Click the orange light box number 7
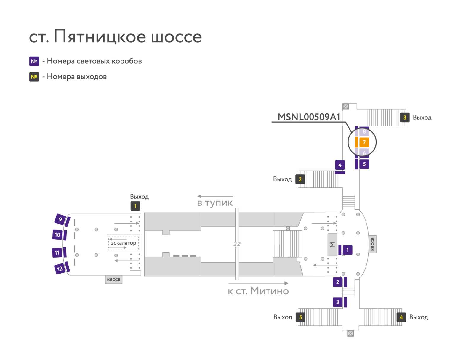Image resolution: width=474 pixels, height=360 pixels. (x=364, y=142)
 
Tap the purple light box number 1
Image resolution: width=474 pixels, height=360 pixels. (x=348, y=250)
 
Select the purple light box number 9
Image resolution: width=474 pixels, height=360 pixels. (x=60, y=219)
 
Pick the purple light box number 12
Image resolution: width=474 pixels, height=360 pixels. (x=60, y=269)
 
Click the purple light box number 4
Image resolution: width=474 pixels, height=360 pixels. (x=340, y=165)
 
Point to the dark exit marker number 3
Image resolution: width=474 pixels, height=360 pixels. (x=405, y=118)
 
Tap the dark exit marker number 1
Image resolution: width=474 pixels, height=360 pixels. (x=135, y=206)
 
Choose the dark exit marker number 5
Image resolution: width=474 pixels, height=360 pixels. (x=300, y=317)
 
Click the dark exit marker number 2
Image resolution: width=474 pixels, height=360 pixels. (x=300, y=179)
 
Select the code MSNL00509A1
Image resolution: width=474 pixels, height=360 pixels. (x=309, y=117)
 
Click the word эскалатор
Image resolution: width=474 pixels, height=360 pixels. (x=123, y=243)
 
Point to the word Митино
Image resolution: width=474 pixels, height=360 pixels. (x=269, y=291)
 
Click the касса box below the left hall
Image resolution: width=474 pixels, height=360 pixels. (x=113, y=279)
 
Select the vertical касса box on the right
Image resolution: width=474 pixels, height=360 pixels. (x=372, y=244)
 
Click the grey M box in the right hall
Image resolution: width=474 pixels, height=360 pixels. (x=332, y=245)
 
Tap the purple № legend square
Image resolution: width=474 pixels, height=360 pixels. (x=34, y=61)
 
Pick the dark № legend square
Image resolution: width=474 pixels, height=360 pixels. (x=34, y=77)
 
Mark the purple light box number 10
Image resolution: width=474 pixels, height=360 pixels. (x=57, y=235)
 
